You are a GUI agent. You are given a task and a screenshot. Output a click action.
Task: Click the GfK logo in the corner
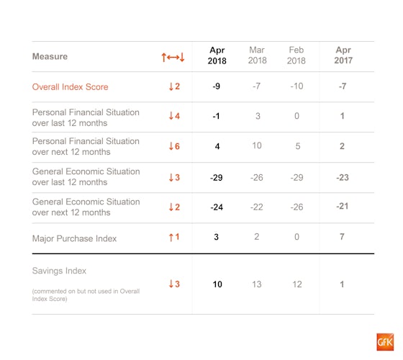[x=385, y=342]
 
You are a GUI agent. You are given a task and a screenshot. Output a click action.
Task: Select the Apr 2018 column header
[x=217, y=55]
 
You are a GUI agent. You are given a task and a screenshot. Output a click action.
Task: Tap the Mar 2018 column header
[x=257, y=55]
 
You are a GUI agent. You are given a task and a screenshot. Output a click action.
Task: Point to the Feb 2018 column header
[x=296, y=55]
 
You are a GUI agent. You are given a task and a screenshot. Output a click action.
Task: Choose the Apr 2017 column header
[x=343, y=55]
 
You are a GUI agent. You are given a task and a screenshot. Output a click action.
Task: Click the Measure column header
[x=50, y=56]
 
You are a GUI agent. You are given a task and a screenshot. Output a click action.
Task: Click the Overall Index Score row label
[x=71, y=87]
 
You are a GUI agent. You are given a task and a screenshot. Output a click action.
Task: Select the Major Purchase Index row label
[x=74, y=238]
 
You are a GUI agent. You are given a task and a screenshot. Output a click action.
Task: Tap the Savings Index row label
[x=59, y=271]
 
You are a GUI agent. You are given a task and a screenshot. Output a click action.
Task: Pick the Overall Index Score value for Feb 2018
[x=296, y=86]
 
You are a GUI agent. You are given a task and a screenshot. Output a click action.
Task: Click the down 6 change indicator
[x=174, y=146]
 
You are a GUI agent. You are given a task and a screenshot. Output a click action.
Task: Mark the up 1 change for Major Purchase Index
[x=174, y=237]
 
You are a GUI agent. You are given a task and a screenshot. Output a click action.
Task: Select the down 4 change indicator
[x=174, y=116]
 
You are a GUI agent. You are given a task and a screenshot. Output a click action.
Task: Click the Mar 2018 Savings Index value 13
[x=256, y=284]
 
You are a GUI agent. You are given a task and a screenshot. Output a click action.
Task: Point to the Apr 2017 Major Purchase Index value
[x=342, y=237]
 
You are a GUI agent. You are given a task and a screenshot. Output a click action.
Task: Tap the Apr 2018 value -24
[x=217, y=207]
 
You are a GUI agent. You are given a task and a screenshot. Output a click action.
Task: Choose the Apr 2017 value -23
[x=343, y=177]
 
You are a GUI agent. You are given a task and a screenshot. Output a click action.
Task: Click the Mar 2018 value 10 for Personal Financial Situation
[x=257, y=145]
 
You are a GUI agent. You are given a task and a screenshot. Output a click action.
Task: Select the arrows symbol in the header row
[x=173, y=57]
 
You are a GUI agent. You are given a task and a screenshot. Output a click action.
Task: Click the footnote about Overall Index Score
[x=86, y=295]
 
